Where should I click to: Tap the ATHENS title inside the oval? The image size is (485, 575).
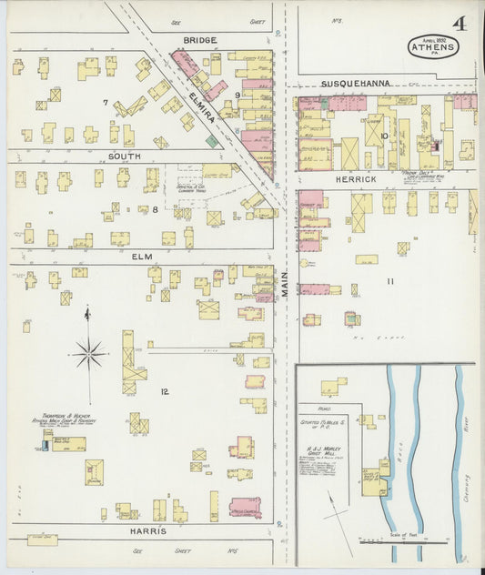pos(433,45)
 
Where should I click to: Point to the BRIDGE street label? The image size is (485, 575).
pos(199,40)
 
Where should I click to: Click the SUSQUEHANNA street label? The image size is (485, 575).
pos(355,83)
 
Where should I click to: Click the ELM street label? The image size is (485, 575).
pos(141,257)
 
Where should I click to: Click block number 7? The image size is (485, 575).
pos(106,102)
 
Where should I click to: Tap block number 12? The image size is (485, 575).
pos(165,392)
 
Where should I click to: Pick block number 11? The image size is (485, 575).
pos(389,282)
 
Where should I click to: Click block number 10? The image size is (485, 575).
pos(385,137)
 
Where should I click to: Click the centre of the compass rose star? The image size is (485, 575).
pos(88,353)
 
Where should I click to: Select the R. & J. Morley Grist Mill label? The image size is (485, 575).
pos(323,450)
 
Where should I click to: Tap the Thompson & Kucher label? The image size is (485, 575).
pos(68,419)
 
